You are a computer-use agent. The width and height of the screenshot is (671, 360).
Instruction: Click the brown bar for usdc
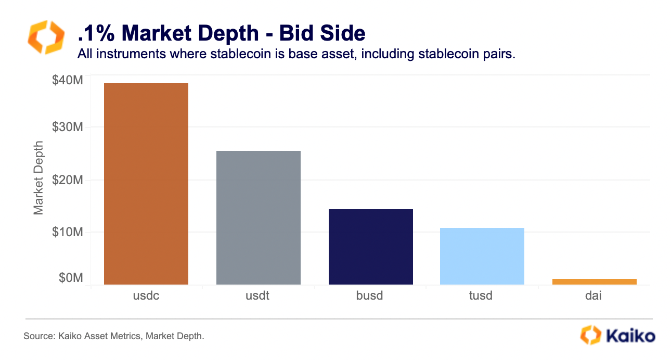point(146,184)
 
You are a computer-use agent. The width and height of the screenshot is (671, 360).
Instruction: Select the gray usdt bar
point(259,218)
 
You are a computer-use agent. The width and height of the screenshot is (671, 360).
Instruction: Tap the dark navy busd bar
point(371,247)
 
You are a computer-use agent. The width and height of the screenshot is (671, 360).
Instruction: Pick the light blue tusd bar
point(482,256)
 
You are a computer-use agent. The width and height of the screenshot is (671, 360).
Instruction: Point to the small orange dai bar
point(595,281)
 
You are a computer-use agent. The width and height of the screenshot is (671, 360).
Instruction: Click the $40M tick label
point(68,80)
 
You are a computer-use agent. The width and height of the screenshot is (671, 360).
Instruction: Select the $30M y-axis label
point(68,127)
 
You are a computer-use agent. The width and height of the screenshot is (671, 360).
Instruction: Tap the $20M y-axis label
point(68,180)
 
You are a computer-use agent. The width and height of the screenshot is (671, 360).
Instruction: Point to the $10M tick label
point(68,232)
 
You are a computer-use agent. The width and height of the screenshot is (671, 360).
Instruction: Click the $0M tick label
point(71,278)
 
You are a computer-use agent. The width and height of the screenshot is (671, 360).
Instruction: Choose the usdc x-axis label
point(146,296)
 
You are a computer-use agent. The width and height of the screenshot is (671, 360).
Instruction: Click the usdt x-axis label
point(257,296)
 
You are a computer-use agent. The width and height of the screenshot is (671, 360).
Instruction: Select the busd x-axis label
point(370,296)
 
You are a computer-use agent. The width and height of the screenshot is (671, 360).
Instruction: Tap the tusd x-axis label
point(481,296)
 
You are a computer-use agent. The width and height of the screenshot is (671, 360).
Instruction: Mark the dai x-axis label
point(593,296)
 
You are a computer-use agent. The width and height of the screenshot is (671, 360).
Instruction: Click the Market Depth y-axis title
point(38,178)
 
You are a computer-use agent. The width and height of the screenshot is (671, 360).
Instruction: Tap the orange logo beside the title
point(46,37)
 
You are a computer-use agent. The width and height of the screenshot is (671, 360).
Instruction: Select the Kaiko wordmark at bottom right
point(631,336)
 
